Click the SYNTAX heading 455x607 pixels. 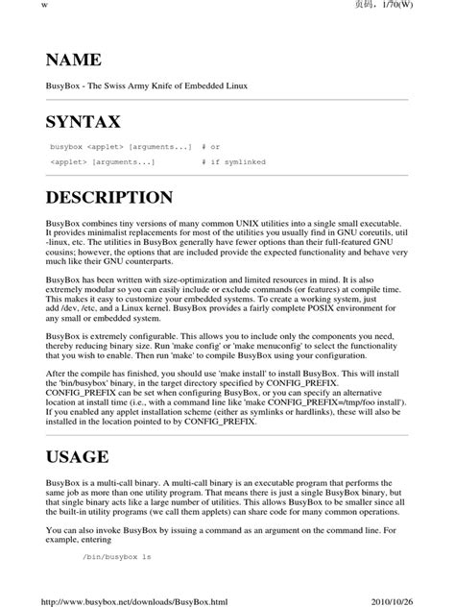pos(84,122)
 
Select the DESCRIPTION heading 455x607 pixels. pos(108,199)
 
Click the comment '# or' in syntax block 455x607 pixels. pos(211,147)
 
